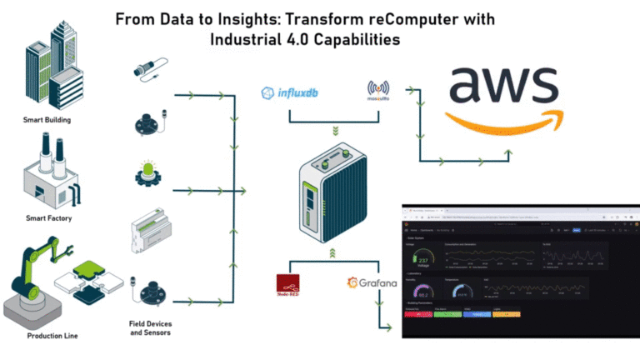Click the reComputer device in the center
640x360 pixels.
coord(332,191)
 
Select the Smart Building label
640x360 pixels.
coord(47,120)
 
